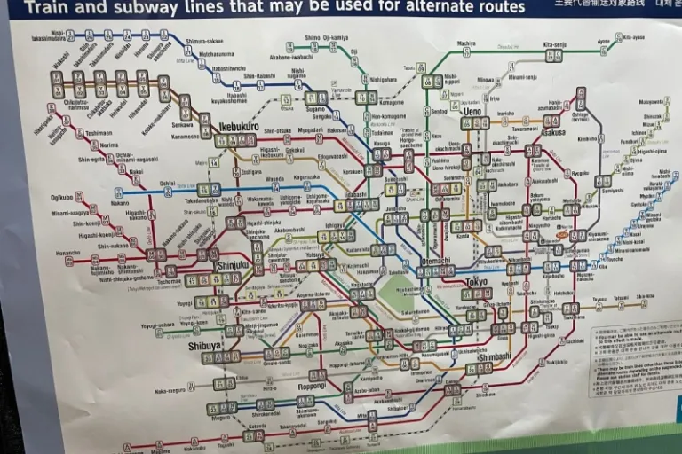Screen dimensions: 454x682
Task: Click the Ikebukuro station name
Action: (238, 127)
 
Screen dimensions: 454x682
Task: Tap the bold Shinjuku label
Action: (232, 265)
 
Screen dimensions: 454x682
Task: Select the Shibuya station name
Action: (204, 346)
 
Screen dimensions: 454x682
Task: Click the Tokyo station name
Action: (476, 282)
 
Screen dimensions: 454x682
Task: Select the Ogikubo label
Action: (61, 198)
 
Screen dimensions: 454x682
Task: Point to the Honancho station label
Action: (67, 253)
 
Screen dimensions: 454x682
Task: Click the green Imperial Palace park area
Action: (396, 293)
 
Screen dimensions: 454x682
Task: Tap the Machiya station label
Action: (466, 43)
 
